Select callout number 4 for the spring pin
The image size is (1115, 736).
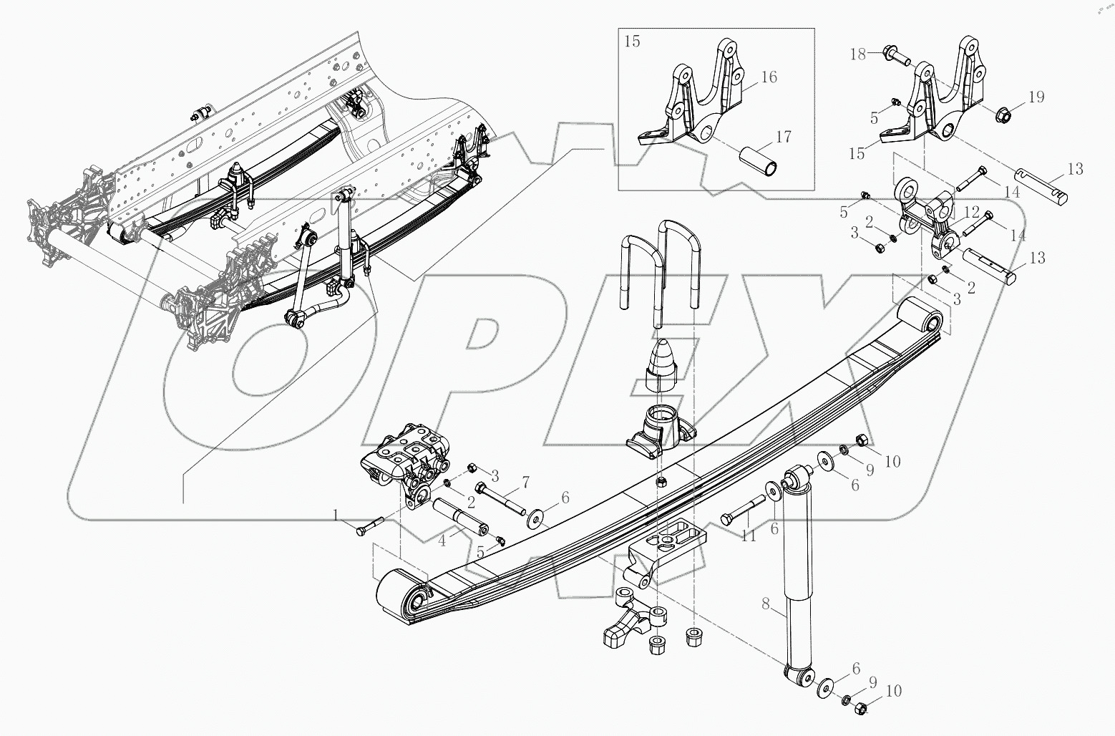[x=442, y=541]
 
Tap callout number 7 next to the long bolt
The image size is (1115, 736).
[x=525, y=480]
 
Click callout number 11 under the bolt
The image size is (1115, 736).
[x=749, y=536]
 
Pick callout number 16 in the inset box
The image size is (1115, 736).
[x=769, y=77]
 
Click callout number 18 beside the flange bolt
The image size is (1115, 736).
[x=857, y=54]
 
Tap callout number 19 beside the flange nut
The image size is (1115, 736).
[x=1037, y=97]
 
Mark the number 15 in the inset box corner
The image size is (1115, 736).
[x=633, y=41]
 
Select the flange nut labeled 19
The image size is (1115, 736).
[x=1006, y=113]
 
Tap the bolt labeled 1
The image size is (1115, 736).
[x=369, y=527]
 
